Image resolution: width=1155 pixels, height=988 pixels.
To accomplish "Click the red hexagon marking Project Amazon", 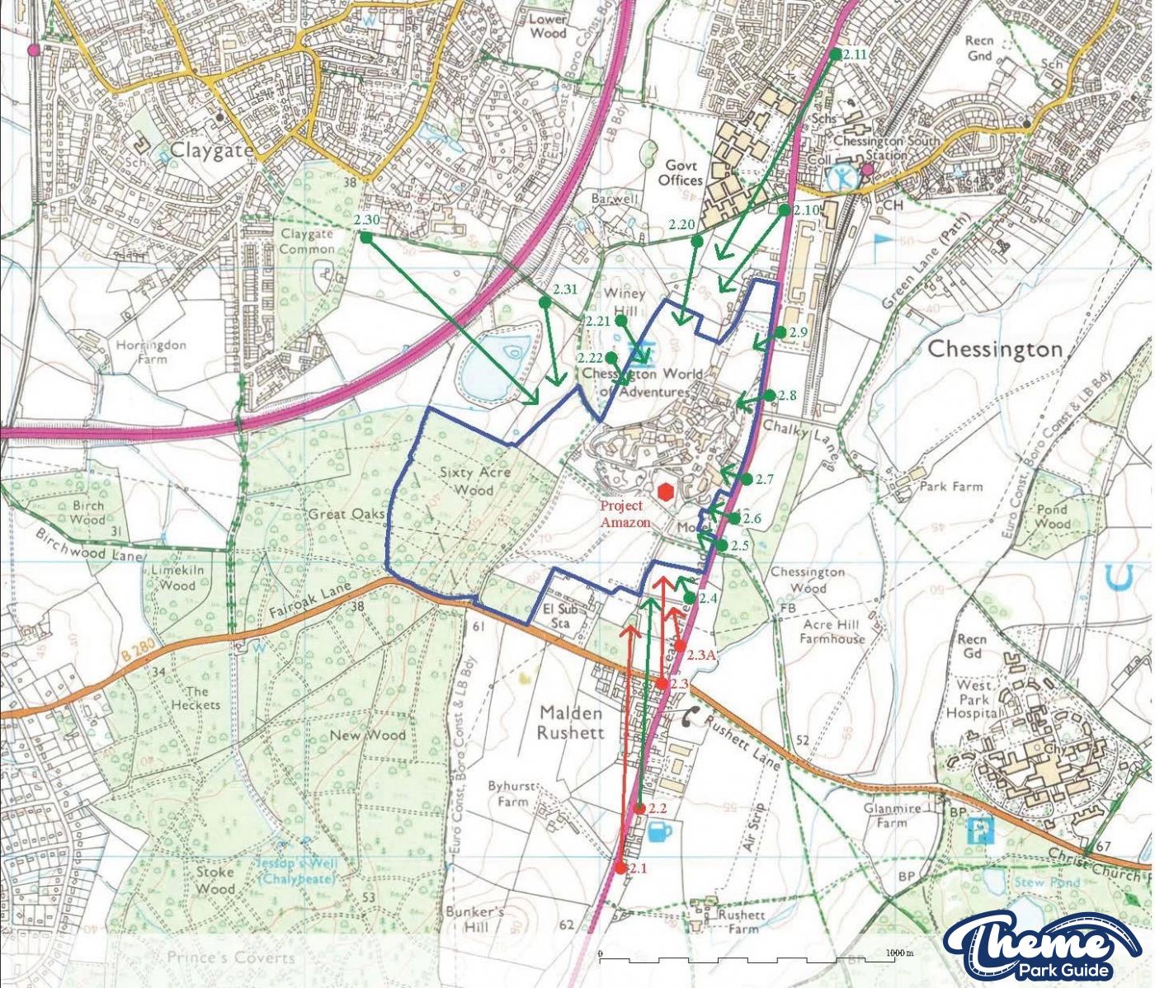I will pyautogui.click(x=666, y=491).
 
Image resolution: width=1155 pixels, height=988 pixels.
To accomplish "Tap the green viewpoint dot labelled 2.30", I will pyautogui.click(x=365, y=237).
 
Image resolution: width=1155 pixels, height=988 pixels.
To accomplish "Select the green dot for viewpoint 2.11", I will pyautogui.click(x=835, y=54).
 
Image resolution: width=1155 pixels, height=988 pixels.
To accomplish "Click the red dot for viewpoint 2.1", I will pyautogui.click(x=620, y=868).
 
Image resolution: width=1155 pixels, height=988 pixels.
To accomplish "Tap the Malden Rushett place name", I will pyautogui.click(x=571, y=722).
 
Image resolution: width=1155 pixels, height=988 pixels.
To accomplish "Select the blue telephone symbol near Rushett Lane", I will pyautogui.click(x=690, y=717).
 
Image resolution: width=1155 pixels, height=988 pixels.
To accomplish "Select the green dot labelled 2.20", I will pyautogui.click(x=696, y=241).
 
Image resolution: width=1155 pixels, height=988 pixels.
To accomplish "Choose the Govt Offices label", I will pyautogui.click(x=681, y=173).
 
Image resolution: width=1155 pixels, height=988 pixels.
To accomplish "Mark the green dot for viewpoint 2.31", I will pyautogui.click(x=544, y=303).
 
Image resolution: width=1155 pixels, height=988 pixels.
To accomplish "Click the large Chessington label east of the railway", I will pyautogui.click(x=995, y=349).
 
